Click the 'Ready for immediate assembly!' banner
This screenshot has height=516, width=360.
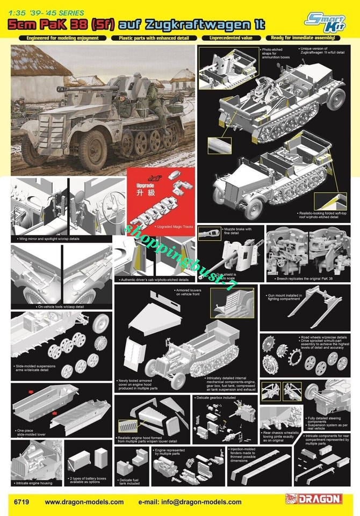tap(304, 38)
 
